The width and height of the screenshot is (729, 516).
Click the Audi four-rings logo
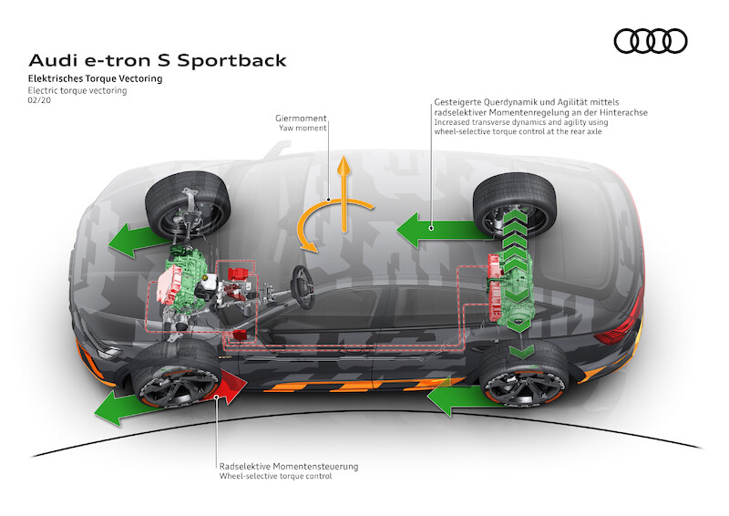coord(650,41)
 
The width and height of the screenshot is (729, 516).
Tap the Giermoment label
coord(301,119)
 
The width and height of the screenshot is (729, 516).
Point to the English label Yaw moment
coord(303,129)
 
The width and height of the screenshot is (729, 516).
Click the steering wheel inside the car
coord(301,278)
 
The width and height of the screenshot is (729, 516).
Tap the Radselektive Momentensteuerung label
coord(288,466)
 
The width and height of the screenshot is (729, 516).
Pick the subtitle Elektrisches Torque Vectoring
coord(95,80)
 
